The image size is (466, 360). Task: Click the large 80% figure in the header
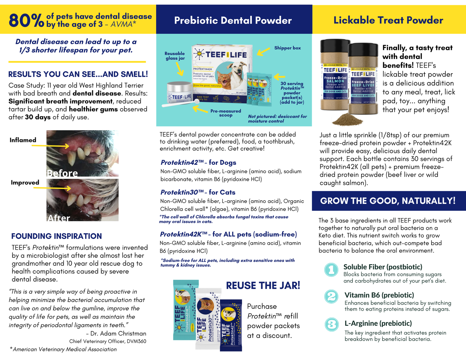click(x=26, y=20)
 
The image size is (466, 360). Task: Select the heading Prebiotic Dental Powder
click(x=233, y=20)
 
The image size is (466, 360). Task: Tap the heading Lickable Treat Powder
click(x=388, y=20)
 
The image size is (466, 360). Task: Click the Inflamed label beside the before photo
click(x=23, y=140)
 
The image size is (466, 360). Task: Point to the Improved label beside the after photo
click(x=25, y=183)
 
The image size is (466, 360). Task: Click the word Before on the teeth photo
click(x=63, y=173)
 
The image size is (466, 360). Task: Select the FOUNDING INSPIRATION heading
click(x=56, y=236)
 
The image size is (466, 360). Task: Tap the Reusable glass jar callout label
click(x=175, y=56)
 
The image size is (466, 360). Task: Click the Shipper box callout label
click(x=287, y=48)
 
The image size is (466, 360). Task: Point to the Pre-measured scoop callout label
click(x=226, y=113)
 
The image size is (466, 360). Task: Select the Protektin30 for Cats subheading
click(x=198, y=192)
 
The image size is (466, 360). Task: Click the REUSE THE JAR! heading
click(x=263, y=285)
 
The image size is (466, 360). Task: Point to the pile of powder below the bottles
click(x=347, y=120)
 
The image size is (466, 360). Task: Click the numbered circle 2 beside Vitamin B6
click(x=331, y=296)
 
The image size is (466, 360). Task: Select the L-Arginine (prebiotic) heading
click(x=378, y=323)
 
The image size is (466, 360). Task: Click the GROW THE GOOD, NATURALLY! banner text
click(x=388, y=201)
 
